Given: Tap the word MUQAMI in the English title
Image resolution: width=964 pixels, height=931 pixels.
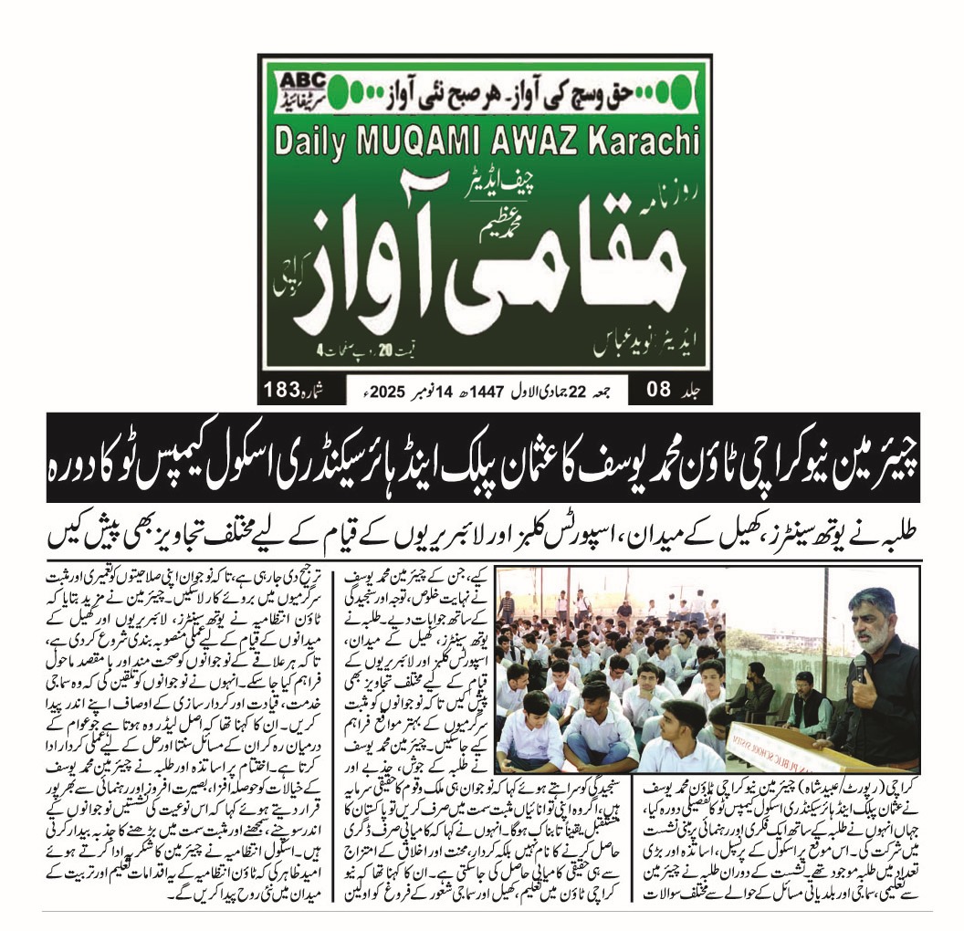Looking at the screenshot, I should point(421,142).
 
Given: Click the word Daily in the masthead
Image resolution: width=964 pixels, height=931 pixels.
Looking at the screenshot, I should point(314,142).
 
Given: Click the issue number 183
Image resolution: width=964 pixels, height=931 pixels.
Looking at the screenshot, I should point(282,389).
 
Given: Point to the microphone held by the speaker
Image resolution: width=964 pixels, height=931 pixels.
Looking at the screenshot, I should point(861,663).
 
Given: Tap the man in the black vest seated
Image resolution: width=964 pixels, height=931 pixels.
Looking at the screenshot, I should point(804,707).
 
